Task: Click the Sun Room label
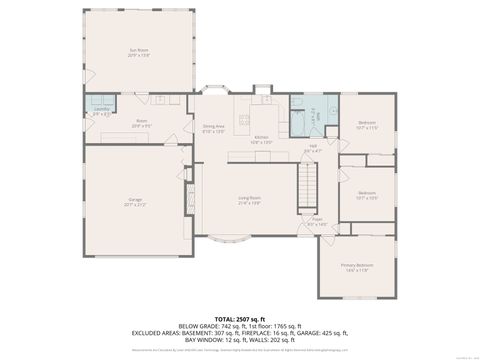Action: click(x=137, y=53)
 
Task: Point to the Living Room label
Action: click(x=249, y=201)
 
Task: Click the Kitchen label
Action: click(x=261, y=139)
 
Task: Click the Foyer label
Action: click(x=317, y=223)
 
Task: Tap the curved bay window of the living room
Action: click(x=231, y=241)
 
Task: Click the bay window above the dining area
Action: click(x=214, y=90)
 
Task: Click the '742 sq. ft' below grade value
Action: click(x=240, y=326)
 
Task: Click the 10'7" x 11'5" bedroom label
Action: click(x=368, y=126)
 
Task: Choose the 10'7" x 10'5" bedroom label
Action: click(x=367, y=195)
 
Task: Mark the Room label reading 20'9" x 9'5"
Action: click(x=141, y=124)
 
